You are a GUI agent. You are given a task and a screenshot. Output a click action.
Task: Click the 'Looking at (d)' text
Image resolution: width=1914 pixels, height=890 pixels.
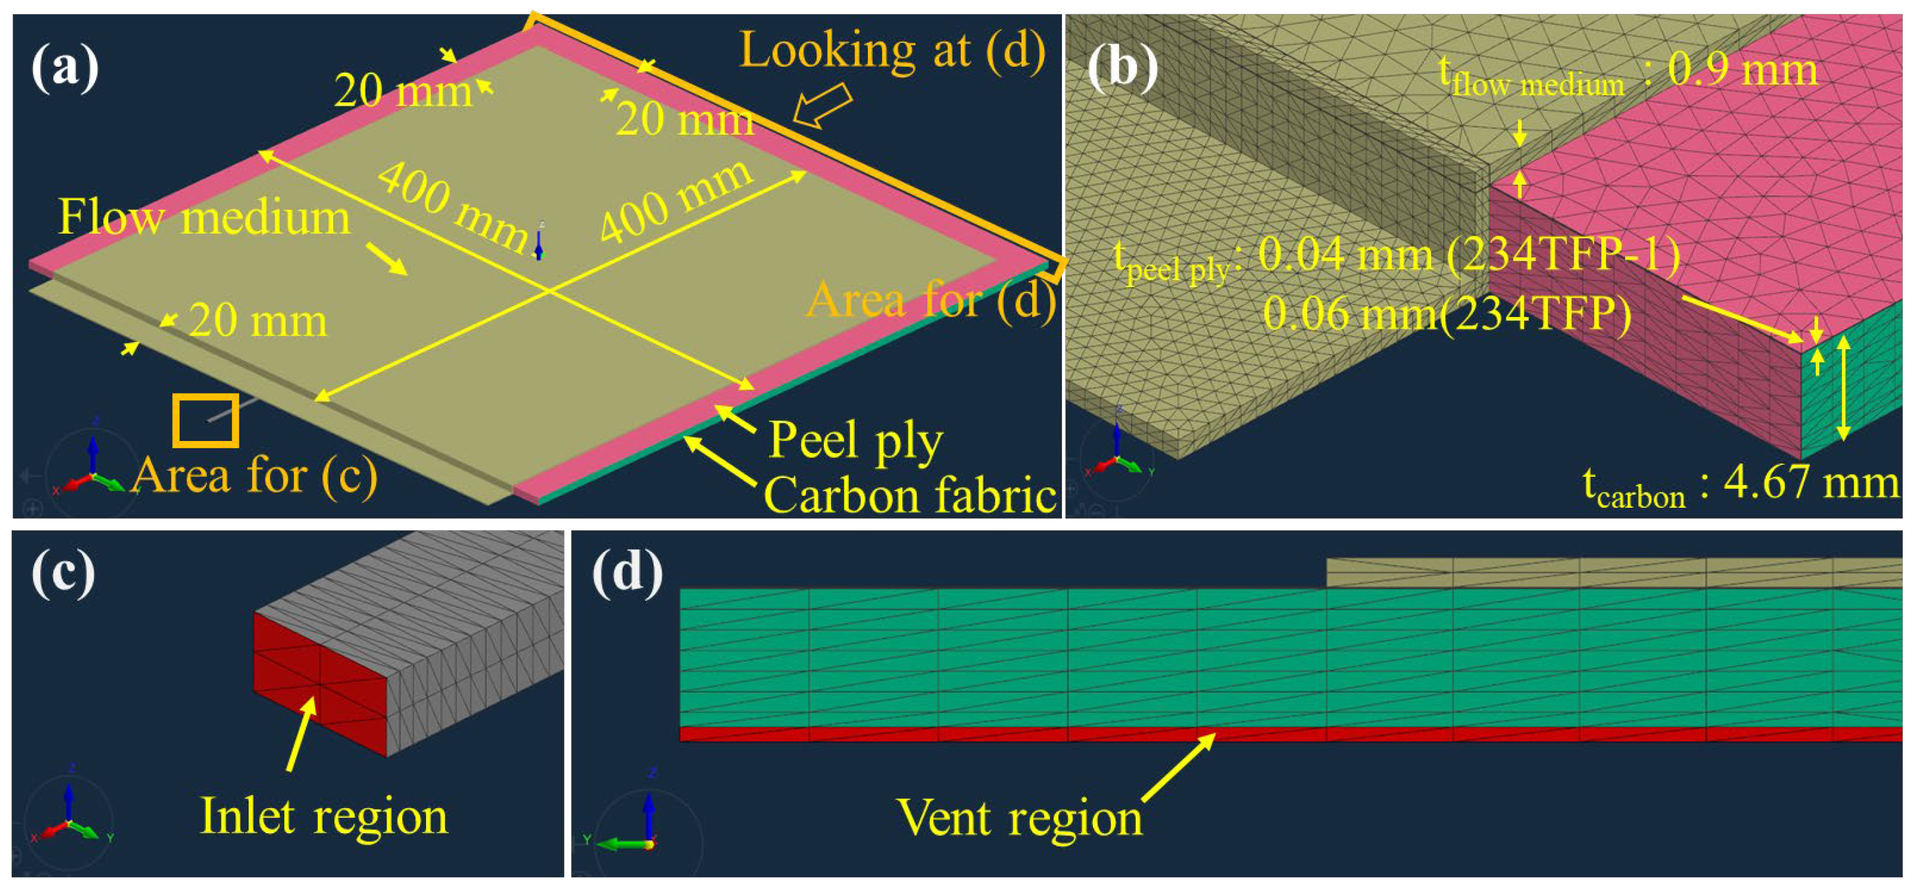(892, 51)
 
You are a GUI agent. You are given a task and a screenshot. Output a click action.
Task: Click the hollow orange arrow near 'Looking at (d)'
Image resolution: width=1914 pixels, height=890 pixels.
(821, 106)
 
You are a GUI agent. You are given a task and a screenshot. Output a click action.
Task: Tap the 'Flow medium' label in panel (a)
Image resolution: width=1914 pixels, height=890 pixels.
(204, 218)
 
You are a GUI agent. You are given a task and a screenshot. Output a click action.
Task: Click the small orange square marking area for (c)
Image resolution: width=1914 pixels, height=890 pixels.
(206, 421)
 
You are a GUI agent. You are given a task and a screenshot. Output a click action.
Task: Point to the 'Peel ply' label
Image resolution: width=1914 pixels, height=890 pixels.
(855, 440)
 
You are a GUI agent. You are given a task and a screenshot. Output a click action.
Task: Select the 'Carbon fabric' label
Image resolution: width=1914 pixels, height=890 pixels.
(910, 495)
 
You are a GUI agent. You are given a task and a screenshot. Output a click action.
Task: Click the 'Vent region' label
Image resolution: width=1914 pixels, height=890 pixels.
(1020, 818)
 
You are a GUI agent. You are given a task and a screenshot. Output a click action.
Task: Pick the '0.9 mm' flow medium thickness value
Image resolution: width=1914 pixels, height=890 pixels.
(1743, 71)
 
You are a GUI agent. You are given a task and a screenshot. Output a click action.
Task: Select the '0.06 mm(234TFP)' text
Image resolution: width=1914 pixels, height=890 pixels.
(1448, 314)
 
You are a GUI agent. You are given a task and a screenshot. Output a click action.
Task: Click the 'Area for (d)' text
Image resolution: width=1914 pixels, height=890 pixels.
(931, 301)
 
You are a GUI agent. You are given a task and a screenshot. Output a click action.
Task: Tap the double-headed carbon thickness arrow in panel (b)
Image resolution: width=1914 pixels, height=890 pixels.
(1843, 388)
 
